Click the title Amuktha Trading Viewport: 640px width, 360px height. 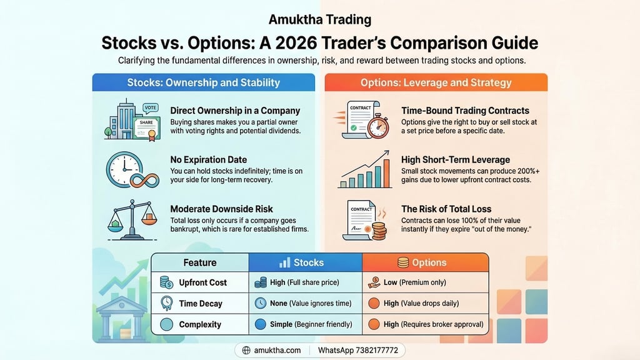319,19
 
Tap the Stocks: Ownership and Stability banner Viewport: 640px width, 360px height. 204,82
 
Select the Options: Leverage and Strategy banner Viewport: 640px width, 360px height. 436,82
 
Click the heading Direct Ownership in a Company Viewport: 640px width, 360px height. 235,111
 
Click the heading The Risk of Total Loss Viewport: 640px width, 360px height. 446,209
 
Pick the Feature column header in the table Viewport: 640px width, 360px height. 200,262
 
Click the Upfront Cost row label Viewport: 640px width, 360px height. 203,282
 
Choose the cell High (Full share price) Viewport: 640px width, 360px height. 305,282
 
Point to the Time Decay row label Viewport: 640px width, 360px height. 200,304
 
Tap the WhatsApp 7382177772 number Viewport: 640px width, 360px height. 357,351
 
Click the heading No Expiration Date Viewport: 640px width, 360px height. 208,160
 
